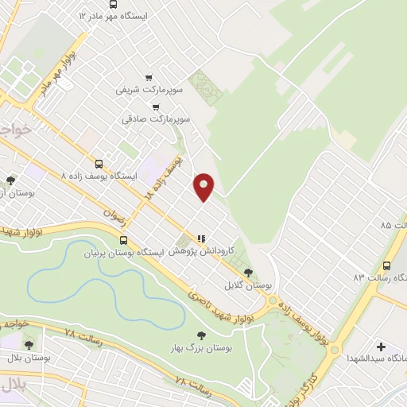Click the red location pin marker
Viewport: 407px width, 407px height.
[204, 186]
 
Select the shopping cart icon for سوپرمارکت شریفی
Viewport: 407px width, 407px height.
[149, 77]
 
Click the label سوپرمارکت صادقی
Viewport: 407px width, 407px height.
[155, 118]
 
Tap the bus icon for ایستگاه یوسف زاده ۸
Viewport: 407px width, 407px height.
[99, 161]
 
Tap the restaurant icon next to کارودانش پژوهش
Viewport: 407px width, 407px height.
[202, 238]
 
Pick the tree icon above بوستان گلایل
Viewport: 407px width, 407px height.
[247, 273]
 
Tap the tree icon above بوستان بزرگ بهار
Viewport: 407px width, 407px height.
[200, 336]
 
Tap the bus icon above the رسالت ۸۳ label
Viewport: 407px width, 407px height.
[386, 266]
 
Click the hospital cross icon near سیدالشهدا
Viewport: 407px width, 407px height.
[382, 347]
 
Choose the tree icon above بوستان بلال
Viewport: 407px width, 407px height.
[29, 345]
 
